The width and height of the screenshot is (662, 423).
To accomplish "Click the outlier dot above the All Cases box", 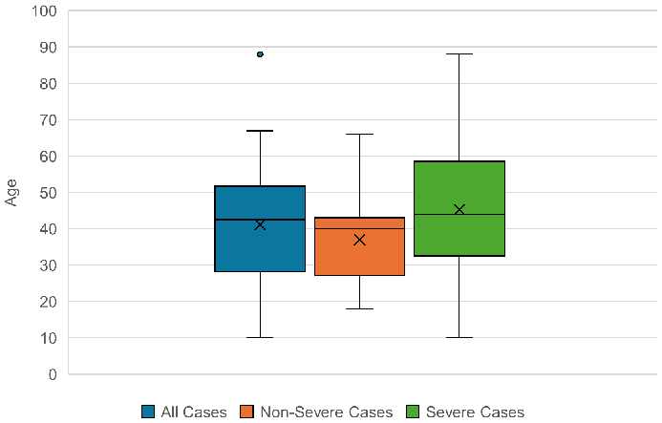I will pyautogui.click(x=260, y=54).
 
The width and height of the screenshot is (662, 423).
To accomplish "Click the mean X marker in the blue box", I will pyautogui.click(x=260, y=224).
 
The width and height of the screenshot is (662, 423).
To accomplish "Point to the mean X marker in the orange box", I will pyautogui.click(x=359, y=240).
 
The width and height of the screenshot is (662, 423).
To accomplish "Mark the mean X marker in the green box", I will pyautogui.click(x=459, y=209).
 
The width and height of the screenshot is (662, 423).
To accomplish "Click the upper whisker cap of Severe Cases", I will pyautogui.click(x=459, y=53).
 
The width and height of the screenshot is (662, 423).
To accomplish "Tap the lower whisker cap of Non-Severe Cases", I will pyautogui.click(x=359, y=308).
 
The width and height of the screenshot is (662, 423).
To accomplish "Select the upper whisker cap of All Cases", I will pyautogui.click(x=260, y=131).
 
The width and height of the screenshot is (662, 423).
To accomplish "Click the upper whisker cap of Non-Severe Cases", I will pyautogui.click(x=359, y=135).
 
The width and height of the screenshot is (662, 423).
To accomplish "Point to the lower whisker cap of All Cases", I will pyautogui.click(x=260, y=337).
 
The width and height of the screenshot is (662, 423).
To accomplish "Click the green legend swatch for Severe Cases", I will pyautogui.click(x=414, y=412).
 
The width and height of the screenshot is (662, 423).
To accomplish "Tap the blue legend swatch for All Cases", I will pyautogui.click(x=149, y=412).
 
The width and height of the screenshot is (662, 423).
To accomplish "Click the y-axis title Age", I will pyautogui.click(x=12, y=192).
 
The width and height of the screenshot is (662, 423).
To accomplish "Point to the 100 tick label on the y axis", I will pyautogui.click(x=44, y=11).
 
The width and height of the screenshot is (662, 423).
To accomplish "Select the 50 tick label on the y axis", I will pyautogui.click(x=48, y=193).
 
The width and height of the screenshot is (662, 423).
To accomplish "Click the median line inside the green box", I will pyautogui.click(x=459, y=214).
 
